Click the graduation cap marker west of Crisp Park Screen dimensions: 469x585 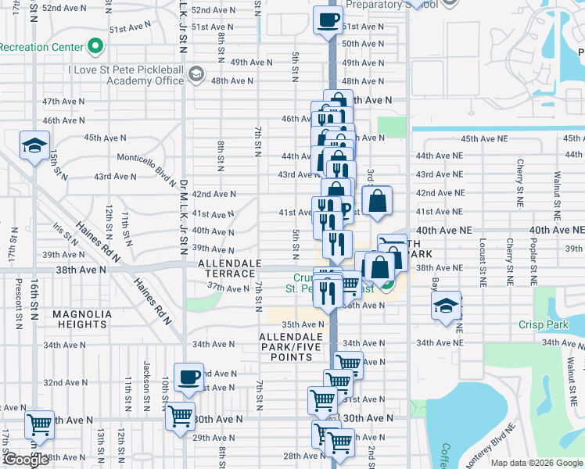[x=446, y=306]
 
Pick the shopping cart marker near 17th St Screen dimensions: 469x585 [x=39, y=425]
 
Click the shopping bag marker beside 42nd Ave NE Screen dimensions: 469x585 [x=378, y=200]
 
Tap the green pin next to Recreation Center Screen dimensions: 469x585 [x=96, y=47]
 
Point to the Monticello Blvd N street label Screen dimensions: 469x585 [x=146, y=167]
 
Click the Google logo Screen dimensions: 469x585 [x=26, y=460]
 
